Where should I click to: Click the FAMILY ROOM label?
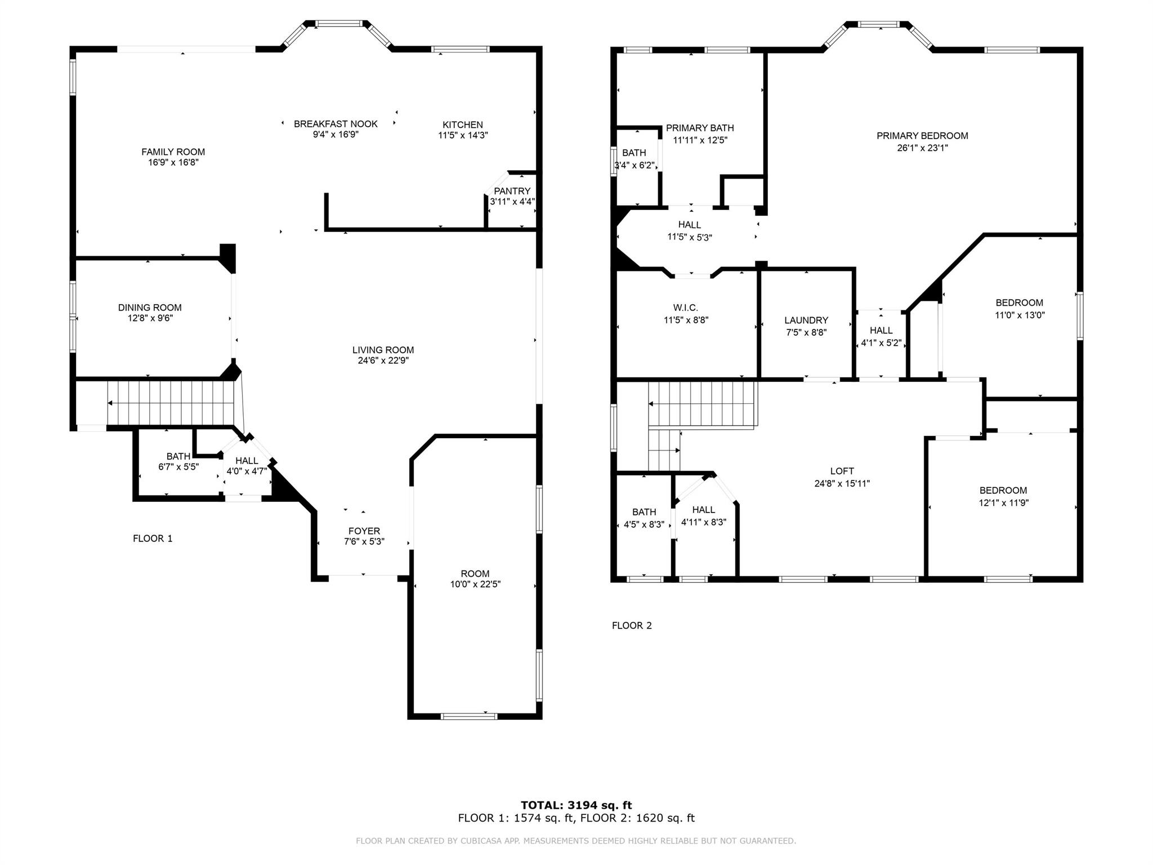(173, 151)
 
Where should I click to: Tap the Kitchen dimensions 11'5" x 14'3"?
(463, 135)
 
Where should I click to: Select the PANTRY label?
(512, 191)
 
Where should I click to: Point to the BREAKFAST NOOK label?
(336, 124)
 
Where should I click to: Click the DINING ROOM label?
(150, 307)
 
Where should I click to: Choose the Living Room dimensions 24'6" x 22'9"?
(383, 360)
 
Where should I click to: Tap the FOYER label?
(364, 531)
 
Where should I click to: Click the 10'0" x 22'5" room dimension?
(475, 584)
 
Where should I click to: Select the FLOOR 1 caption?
(153, 538)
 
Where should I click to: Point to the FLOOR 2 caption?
(632, 625)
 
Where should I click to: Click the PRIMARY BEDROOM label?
(922, 136)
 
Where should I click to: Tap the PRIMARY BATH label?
(700, 128)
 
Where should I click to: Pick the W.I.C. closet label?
(685, 307)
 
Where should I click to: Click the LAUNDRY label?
(806, 320)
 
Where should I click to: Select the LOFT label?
(842, 471)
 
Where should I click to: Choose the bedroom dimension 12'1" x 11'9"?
(1003, 502)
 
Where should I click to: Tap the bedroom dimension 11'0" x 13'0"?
(1020, 315)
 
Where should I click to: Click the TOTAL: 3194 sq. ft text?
(576, 805)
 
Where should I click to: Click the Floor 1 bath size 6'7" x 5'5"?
(178, 466)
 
